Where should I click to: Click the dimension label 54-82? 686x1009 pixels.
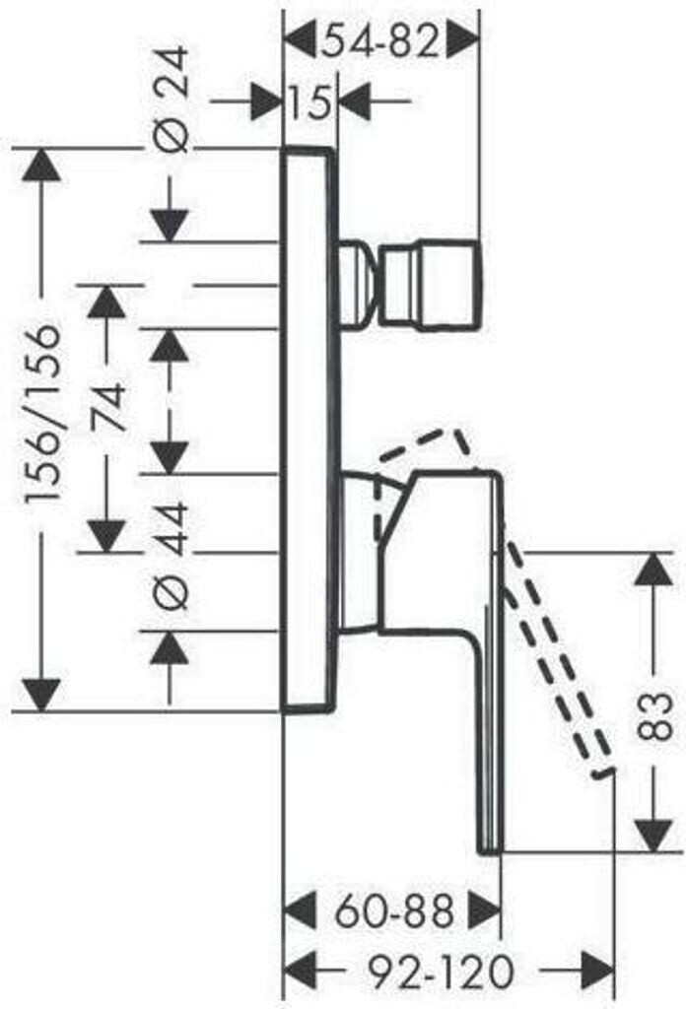coord(381,41)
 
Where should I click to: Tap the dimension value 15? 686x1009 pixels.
coord(310,101)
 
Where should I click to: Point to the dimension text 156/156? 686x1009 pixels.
coord(44,414)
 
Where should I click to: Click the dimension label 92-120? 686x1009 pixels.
coord(442,973)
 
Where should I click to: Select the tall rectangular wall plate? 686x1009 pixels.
coord(309,430)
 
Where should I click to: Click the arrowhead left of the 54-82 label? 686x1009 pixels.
coord(300,41)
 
